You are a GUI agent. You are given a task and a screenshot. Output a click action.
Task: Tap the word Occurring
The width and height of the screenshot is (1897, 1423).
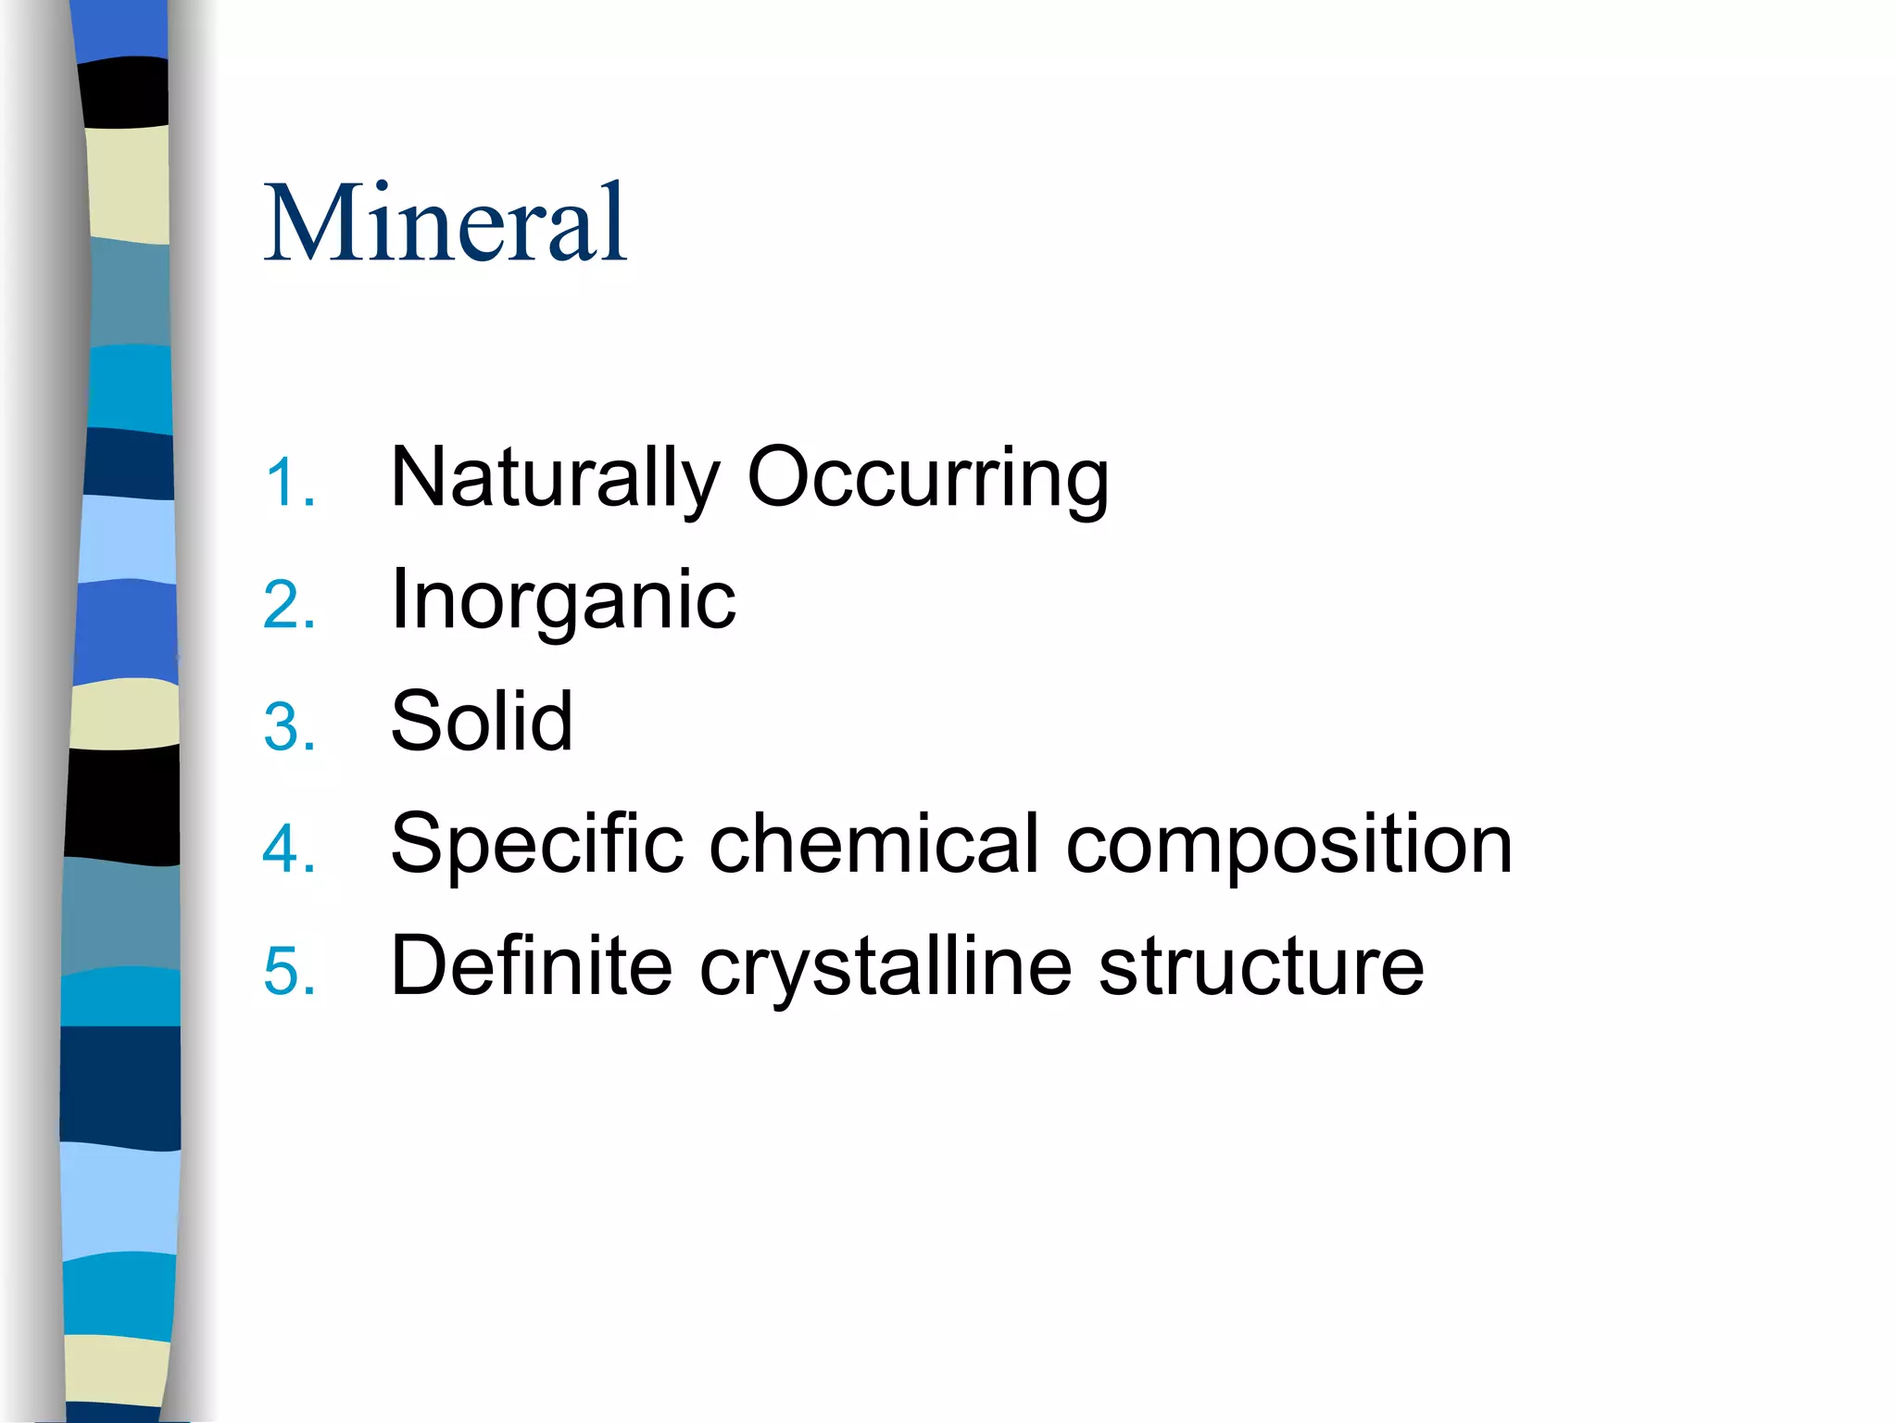(927, 479)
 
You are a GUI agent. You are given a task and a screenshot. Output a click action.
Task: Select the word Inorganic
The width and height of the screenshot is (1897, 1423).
(563, 601)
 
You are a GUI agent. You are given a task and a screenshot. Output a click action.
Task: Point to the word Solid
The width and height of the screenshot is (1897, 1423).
(482, 722)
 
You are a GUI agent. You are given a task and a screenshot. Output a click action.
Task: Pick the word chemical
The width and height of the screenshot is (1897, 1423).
(874, 844)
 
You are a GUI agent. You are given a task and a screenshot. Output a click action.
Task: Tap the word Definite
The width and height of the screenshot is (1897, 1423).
(531, 966)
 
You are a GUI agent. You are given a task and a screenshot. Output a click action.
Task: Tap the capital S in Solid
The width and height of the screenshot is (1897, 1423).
(418, 722)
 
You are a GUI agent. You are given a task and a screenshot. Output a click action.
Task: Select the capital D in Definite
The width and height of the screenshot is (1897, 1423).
(421, 966)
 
